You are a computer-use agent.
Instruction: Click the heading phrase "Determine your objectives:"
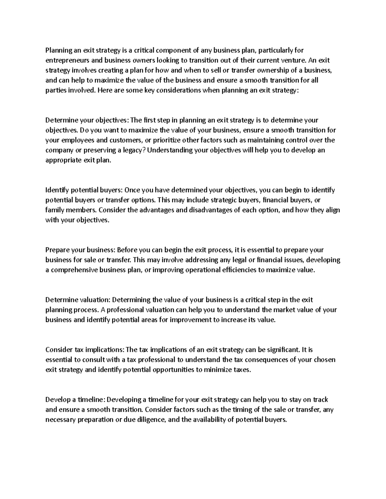click(x=87, y=120)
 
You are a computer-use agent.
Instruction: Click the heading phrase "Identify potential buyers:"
click(x=84, y=190)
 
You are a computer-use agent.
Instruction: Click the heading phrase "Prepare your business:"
click(x=80, y=250)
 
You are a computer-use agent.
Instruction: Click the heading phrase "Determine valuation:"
click(x=78, y=300)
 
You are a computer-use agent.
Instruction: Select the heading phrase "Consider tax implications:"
click(x=85, y=350)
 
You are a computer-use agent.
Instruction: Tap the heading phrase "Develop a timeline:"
click(x=75, y=400)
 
